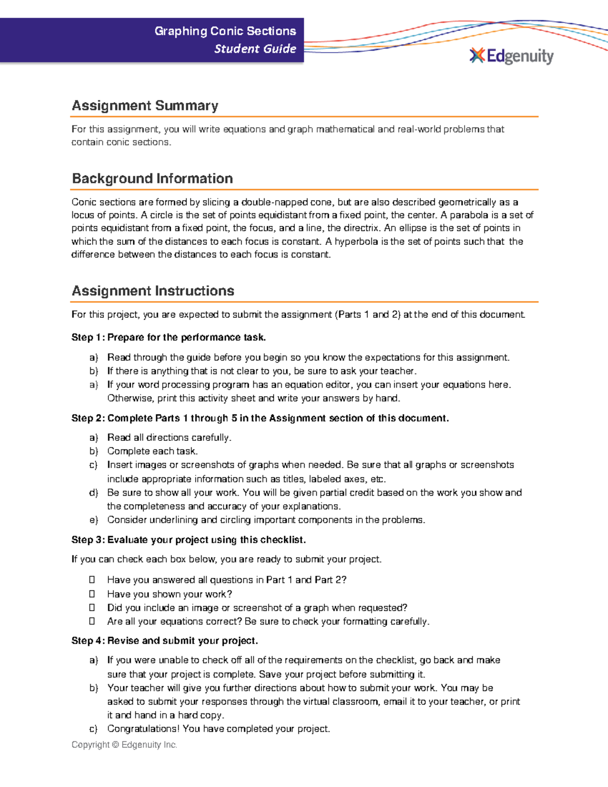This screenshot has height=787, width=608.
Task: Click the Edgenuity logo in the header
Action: (512, 56)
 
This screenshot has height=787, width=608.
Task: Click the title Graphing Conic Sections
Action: (225, 31)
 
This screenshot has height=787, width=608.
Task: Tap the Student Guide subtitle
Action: (255, 49)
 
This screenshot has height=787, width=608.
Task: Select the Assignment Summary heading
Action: (145, 105)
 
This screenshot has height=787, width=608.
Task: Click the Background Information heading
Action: (152, 178)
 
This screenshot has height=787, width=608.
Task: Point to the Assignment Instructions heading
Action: (153, 291)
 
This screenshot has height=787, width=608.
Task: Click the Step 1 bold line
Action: (168, 338)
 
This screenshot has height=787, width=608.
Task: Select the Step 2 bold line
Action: (259, 418)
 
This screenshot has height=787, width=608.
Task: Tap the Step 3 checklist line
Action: (188, 540)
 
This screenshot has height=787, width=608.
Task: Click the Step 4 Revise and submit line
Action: (165, 641)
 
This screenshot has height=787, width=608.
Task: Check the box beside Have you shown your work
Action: (92, 593)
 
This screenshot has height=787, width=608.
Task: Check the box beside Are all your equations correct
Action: (92, 621)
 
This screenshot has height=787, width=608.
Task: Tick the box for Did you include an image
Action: (92, 607)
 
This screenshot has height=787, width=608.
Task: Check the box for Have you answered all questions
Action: (92, 579)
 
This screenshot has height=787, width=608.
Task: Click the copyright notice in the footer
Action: (124, 744)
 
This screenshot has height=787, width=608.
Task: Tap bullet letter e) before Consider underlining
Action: (93, 520)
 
